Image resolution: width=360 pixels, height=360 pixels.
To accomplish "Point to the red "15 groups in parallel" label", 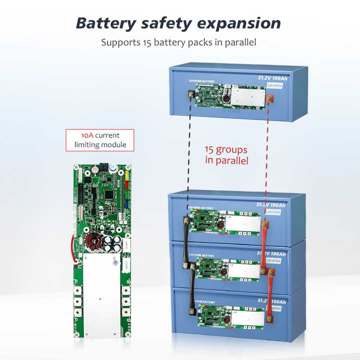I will tap(226, 154).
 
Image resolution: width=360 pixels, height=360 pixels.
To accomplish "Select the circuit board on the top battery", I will tap(229, 95).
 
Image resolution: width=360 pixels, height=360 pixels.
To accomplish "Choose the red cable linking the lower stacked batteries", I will tap(270, 292).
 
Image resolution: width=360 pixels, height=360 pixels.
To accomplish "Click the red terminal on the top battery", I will tap(269, 100).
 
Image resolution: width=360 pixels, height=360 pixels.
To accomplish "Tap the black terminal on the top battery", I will tap(190, 94).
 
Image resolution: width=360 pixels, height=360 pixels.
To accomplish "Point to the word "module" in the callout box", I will tap(115, 145).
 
